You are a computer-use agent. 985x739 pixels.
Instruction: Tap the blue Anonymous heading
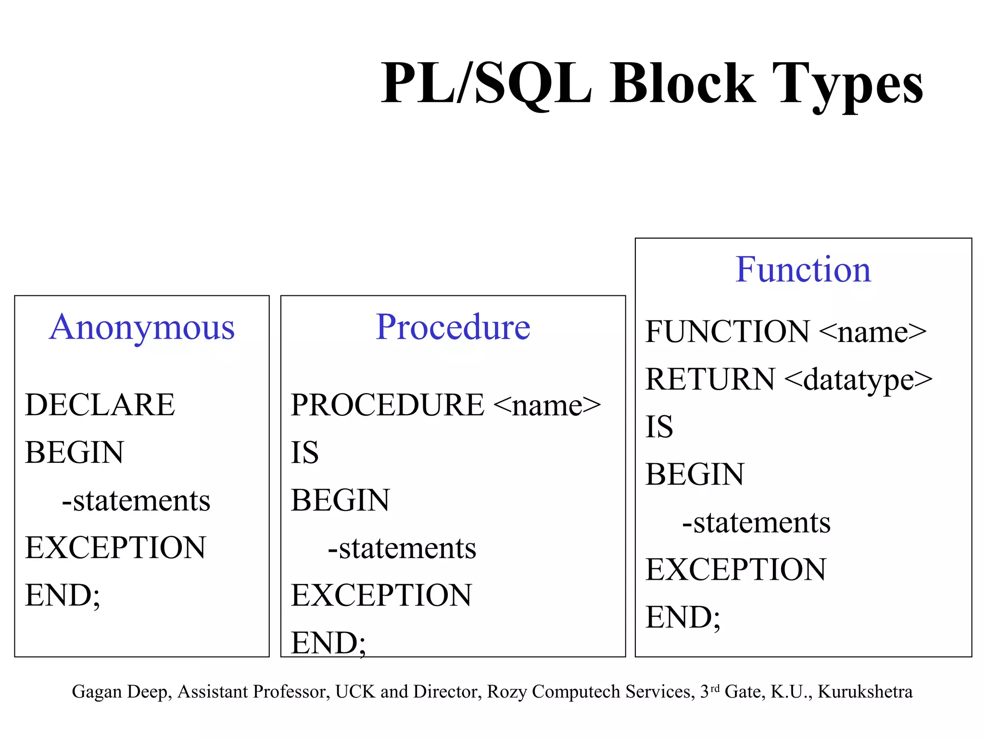click(x=142, y=327)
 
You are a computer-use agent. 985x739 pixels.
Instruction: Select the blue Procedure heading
click(x=453, y=327)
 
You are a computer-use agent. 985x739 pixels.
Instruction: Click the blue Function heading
click(x=803, y=269)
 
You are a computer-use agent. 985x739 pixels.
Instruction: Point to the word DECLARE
click(x=100, y=405)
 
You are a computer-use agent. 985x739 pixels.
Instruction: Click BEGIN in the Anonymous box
click(x=75, y=452)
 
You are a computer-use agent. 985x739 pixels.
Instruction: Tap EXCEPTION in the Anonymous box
click(x=115, y=548)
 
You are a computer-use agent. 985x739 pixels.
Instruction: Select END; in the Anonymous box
click(x=63, y=596)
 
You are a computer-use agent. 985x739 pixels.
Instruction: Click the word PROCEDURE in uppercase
click(x=387, y=405)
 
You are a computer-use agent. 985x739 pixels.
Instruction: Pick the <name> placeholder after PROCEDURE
click(x=547, y=406)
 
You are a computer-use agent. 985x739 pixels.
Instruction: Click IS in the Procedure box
click(x=304, y=452)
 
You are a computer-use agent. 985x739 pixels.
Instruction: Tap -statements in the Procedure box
click(x=402, y=548)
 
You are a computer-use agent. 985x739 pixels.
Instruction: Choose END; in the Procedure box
click(x=328, y=643)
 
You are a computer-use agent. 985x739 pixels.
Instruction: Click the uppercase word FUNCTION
click(x=727, y=331)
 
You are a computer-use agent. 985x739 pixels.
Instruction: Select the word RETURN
click(x=710, y=379)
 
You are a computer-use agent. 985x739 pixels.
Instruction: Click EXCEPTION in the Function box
click(x=736, y=570)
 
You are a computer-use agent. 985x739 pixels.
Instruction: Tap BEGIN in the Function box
click(x=695, y=474)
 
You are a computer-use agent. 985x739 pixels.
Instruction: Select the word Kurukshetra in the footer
click(x=865, y=692)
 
